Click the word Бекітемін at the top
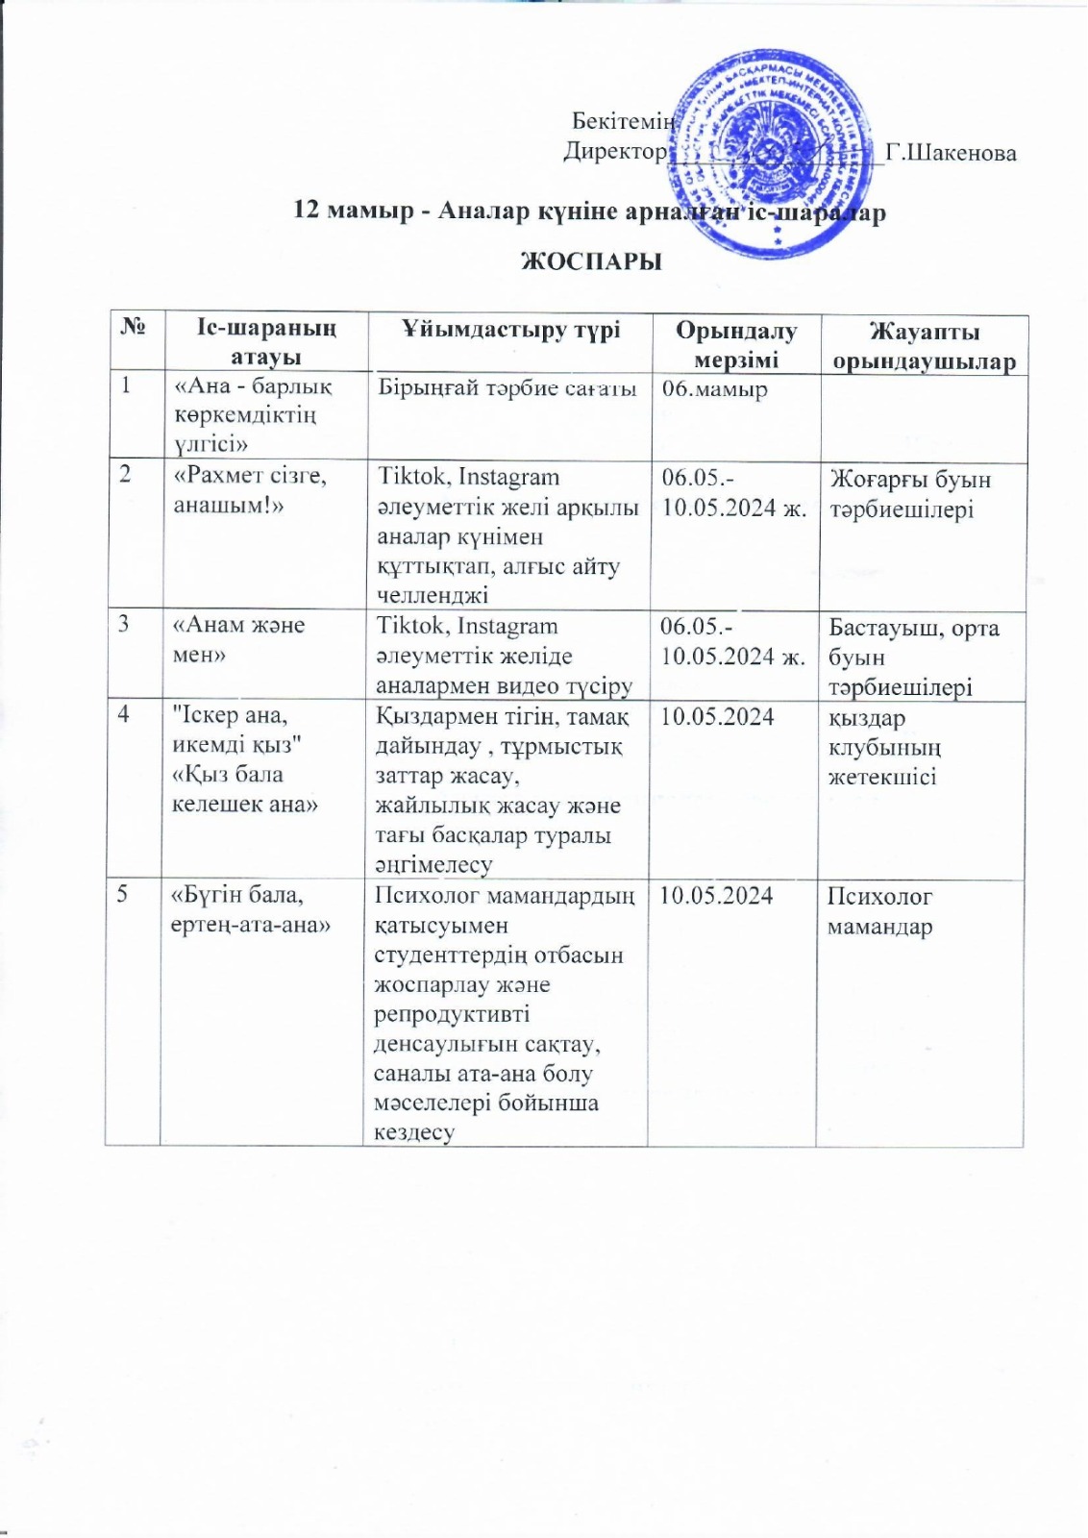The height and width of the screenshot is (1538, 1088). (624, 121)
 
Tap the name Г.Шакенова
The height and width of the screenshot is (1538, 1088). (951, 153)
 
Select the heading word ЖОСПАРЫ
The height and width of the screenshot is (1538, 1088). (591, 261)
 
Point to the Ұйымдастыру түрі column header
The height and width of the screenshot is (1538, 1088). (510, 329)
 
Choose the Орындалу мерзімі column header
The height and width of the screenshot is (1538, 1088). (736, 344)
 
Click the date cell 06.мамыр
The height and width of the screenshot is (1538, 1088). (715, 389)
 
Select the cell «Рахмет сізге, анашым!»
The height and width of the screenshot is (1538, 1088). (250, 490)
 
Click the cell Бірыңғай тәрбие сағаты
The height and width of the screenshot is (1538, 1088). (507, 388)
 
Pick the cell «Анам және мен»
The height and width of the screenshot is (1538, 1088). (238, 639)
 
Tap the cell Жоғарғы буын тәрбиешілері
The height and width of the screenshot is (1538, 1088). (910, 494)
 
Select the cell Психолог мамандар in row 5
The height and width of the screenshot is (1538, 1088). (880, 911)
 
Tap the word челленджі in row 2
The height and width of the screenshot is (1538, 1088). (433, 595)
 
